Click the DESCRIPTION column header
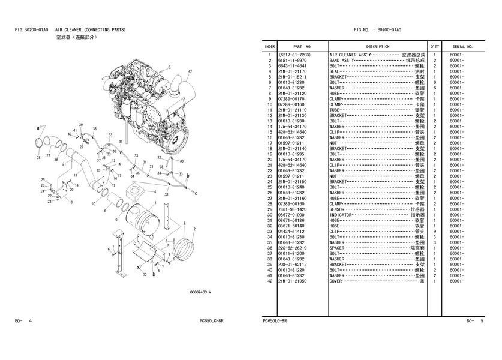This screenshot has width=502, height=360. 377,46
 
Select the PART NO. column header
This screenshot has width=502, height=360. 302,46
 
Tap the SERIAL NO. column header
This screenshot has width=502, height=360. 463,46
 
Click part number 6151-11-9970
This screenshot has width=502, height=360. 293,61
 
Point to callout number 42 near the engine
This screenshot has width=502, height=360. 190,72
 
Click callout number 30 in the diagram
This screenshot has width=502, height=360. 144,274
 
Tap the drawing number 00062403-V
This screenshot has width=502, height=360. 200,292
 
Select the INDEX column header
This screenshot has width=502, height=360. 270,46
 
